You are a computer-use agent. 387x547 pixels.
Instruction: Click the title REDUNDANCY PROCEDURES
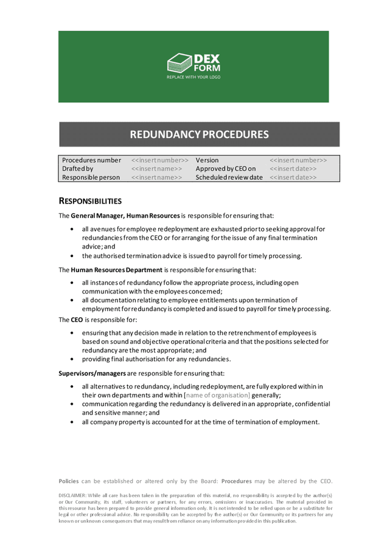point(193,133)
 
